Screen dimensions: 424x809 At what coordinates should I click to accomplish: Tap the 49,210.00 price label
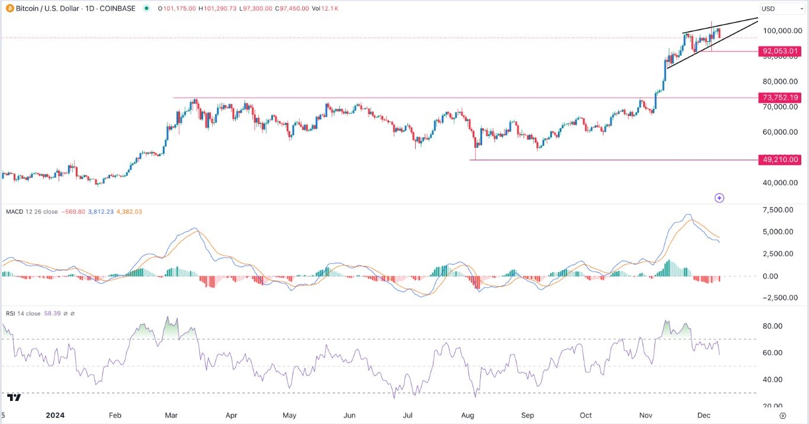point(781,160)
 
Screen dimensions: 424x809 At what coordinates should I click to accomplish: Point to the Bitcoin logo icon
point(7,9)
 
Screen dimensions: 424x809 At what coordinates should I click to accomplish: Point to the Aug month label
point(468,416)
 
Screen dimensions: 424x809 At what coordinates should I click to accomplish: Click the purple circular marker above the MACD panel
point(719,198)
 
